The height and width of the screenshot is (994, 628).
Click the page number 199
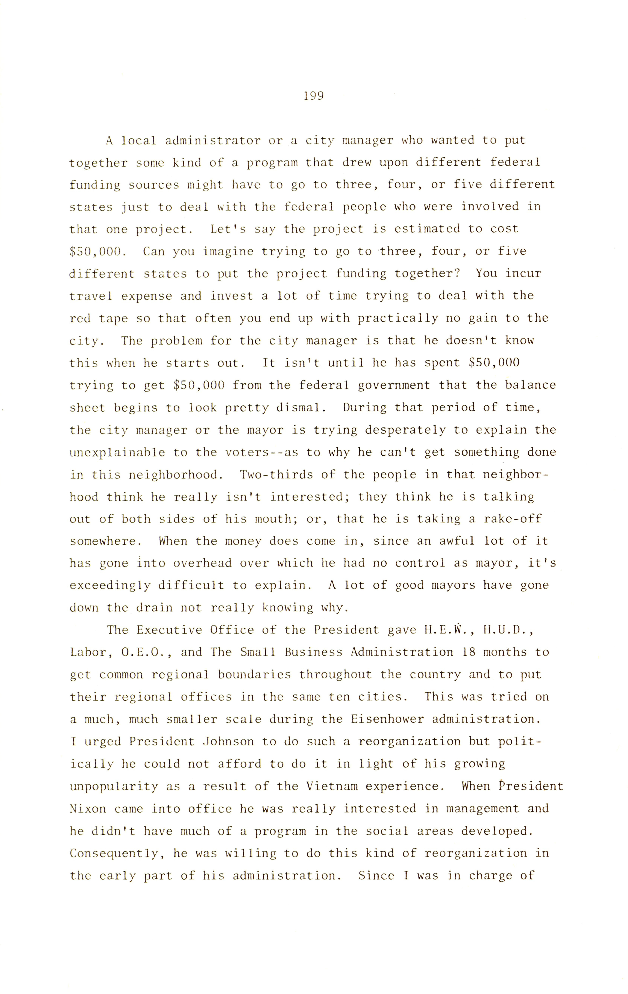(x=314, y=96)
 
